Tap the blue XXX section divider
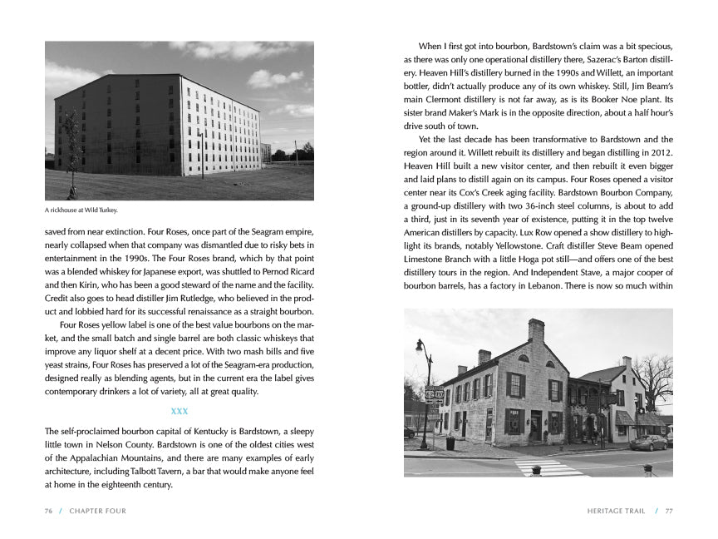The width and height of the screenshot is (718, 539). [x=179, y=412]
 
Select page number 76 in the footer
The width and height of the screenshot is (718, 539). [x=49, y=511]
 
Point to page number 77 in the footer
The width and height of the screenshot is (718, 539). [x=668, y=511]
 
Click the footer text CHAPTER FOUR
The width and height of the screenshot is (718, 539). [x=98, y=511]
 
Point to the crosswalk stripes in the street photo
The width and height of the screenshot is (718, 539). [x=549, y=468]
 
